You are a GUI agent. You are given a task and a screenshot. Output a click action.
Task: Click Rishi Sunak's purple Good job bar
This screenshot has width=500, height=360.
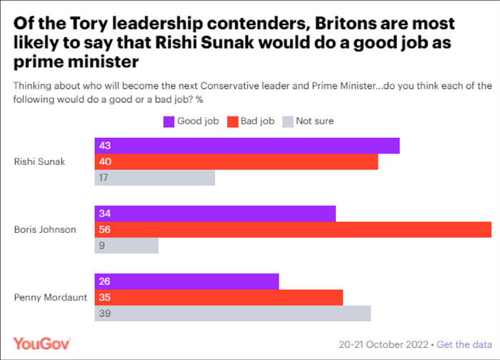pos(247,146)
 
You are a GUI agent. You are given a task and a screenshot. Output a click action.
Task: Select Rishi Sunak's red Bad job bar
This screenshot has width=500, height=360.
pos(236,161)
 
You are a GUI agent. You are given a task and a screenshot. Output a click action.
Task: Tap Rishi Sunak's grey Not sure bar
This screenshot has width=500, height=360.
pos(155,178)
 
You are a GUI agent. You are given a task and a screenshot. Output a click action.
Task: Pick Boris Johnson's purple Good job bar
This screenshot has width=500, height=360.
pos(215,214)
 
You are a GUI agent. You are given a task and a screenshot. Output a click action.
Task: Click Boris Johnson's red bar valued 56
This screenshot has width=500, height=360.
pos(293,229)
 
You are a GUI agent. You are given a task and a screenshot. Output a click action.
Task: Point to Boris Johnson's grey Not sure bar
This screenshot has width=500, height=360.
pos(126,246)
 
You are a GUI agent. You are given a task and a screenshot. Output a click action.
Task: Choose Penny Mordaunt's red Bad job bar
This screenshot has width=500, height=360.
pos(219,297)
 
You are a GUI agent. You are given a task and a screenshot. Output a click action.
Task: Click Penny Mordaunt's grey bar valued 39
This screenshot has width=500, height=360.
pos(233,314)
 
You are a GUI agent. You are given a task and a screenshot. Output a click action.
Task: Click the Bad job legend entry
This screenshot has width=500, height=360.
pos(251,121)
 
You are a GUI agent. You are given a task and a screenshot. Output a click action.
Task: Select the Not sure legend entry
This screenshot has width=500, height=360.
pos(309,121)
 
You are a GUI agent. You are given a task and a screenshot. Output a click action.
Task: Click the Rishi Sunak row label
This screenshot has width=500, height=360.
pos(40,161)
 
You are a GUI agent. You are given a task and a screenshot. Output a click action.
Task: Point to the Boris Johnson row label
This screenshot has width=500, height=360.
pos(45,229)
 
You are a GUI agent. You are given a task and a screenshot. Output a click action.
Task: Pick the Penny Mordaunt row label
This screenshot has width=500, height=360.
pos(48,297)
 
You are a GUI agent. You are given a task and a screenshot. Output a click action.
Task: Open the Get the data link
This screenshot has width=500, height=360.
pos(464,344)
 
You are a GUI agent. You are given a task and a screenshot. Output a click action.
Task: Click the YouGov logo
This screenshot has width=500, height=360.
pos(42,343)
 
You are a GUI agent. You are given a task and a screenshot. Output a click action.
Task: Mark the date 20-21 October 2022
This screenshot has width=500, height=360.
pos(384,344)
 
